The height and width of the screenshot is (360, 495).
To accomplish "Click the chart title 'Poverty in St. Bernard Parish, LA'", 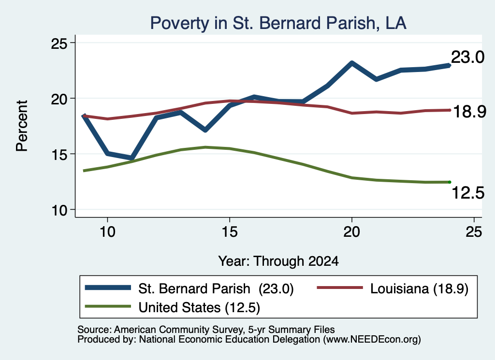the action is point(278,23).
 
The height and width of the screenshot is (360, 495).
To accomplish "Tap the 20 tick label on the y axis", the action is point(59,99).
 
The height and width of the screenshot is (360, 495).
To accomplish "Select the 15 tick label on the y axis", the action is point(59,154).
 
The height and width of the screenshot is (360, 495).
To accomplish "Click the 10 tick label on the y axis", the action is point(59,210).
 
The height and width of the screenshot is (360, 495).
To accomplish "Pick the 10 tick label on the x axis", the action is point(108,232).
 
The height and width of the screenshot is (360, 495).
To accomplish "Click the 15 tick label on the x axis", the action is point(230,232).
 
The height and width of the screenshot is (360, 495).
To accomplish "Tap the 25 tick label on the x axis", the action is point(474,232).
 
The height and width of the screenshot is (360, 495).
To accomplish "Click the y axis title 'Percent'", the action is point(22,126).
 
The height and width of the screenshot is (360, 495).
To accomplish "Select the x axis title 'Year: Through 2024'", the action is point(278,261).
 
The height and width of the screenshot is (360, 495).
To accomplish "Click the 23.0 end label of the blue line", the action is point(467,57).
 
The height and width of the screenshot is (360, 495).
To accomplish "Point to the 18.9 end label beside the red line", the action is point(469,111).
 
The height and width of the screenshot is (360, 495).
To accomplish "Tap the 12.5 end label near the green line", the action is point(468,192).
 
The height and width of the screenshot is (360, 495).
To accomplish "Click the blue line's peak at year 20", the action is point(352,63).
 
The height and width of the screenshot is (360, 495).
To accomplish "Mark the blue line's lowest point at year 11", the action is point(132,158).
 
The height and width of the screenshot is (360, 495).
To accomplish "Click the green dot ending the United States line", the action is point(450,182).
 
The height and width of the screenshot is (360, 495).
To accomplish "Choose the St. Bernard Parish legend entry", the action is point(189,288).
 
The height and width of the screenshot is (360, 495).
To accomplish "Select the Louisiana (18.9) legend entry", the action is point(393,288).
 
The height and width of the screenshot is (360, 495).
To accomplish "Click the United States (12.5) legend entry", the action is point(173,307).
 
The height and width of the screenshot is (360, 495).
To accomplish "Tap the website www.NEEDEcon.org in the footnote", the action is point(372,339).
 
